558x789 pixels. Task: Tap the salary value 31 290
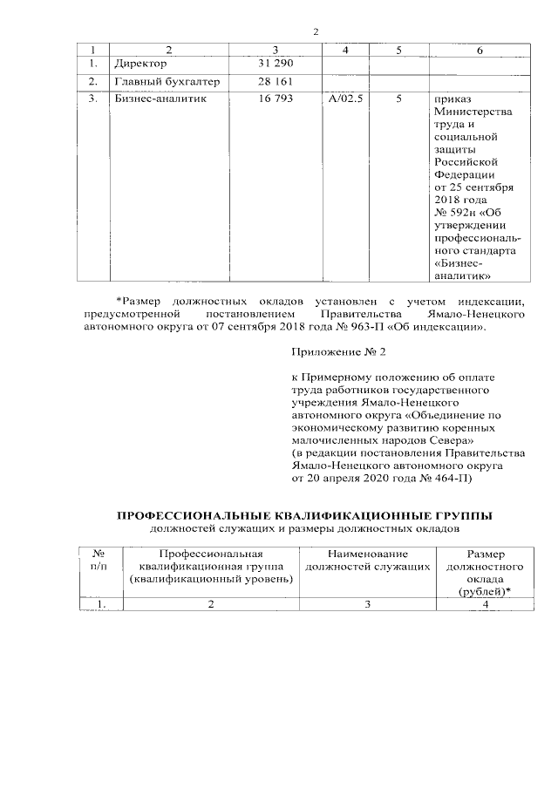point(276,65)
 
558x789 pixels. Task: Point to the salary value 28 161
point(276,82)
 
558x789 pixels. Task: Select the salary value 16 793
point(276,100)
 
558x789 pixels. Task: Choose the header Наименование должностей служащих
point(367,561)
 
